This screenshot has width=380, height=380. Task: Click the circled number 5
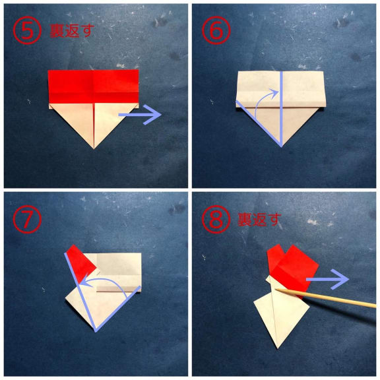27,30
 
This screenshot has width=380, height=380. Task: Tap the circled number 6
216,30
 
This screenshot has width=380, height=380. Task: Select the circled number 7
27,219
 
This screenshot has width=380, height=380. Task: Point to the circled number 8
216,219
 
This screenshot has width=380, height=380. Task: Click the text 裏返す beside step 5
72,31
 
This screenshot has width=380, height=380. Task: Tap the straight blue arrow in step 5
140,115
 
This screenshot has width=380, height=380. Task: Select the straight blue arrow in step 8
328,279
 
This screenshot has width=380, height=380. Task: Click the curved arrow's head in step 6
275,93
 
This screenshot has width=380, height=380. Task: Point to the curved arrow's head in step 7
85,282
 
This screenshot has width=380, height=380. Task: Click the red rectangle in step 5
94,86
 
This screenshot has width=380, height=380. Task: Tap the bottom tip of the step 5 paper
94,149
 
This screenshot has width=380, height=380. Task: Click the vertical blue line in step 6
281,109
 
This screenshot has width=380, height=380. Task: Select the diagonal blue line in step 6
259,123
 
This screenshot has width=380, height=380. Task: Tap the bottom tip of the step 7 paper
96,332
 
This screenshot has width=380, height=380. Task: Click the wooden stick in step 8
326,298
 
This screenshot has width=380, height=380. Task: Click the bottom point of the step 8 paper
278,348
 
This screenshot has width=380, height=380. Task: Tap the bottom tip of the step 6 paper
281,146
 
